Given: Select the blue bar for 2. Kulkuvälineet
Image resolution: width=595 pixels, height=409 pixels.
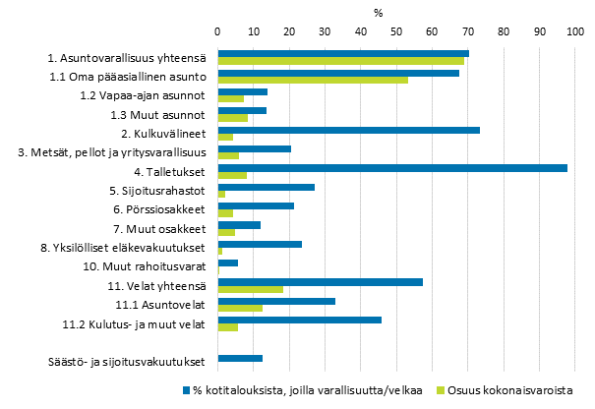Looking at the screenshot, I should [x=348, y=130].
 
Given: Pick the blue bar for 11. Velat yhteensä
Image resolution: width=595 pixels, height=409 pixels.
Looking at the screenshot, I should [x=320, y=281].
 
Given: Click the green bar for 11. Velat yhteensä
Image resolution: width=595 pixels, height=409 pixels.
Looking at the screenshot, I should [x=250, y=289].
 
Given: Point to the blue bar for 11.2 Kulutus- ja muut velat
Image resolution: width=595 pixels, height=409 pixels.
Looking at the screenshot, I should [x=299, y=320].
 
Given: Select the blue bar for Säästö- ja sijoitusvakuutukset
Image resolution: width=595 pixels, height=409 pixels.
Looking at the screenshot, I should [x=240, y=358].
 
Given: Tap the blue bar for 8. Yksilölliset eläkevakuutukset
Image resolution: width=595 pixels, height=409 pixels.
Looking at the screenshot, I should [x=260, y=244].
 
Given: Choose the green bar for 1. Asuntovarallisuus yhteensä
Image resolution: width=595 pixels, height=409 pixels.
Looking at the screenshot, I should [x=340, y=61].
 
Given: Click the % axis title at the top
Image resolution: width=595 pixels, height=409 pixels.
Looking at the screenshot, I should [x=378, y=12].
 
